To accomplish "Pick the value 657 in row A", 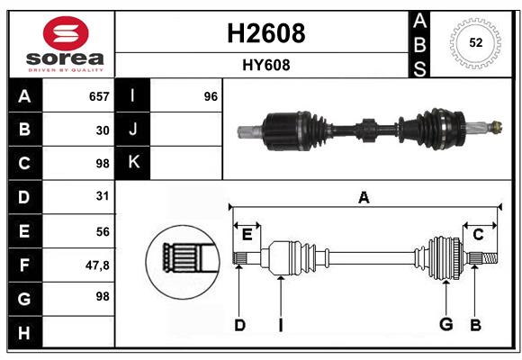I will [x=99, y=96].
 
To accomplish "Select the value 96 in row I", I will [x=211, y=96].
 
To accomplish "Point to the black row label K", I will [x=134, y=163].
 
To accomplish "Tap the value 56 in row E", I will [x=103, y=230].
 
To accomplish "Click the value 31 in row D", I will [x=103, y=196].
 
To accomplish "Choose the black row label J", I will [x=134, y=130].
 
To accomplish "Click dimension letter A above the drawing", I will [x=364, y=198].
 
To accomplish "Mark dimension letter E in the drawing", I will [x=247, y=235].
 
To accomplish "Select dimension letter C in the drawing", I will [x=478, y=235].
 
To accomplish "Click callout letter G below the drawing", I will [x=445, y=325].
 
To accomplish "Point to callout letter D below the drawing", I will [x=239, y=325].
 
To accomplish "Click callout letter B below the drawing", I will [x=476, y=325].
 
